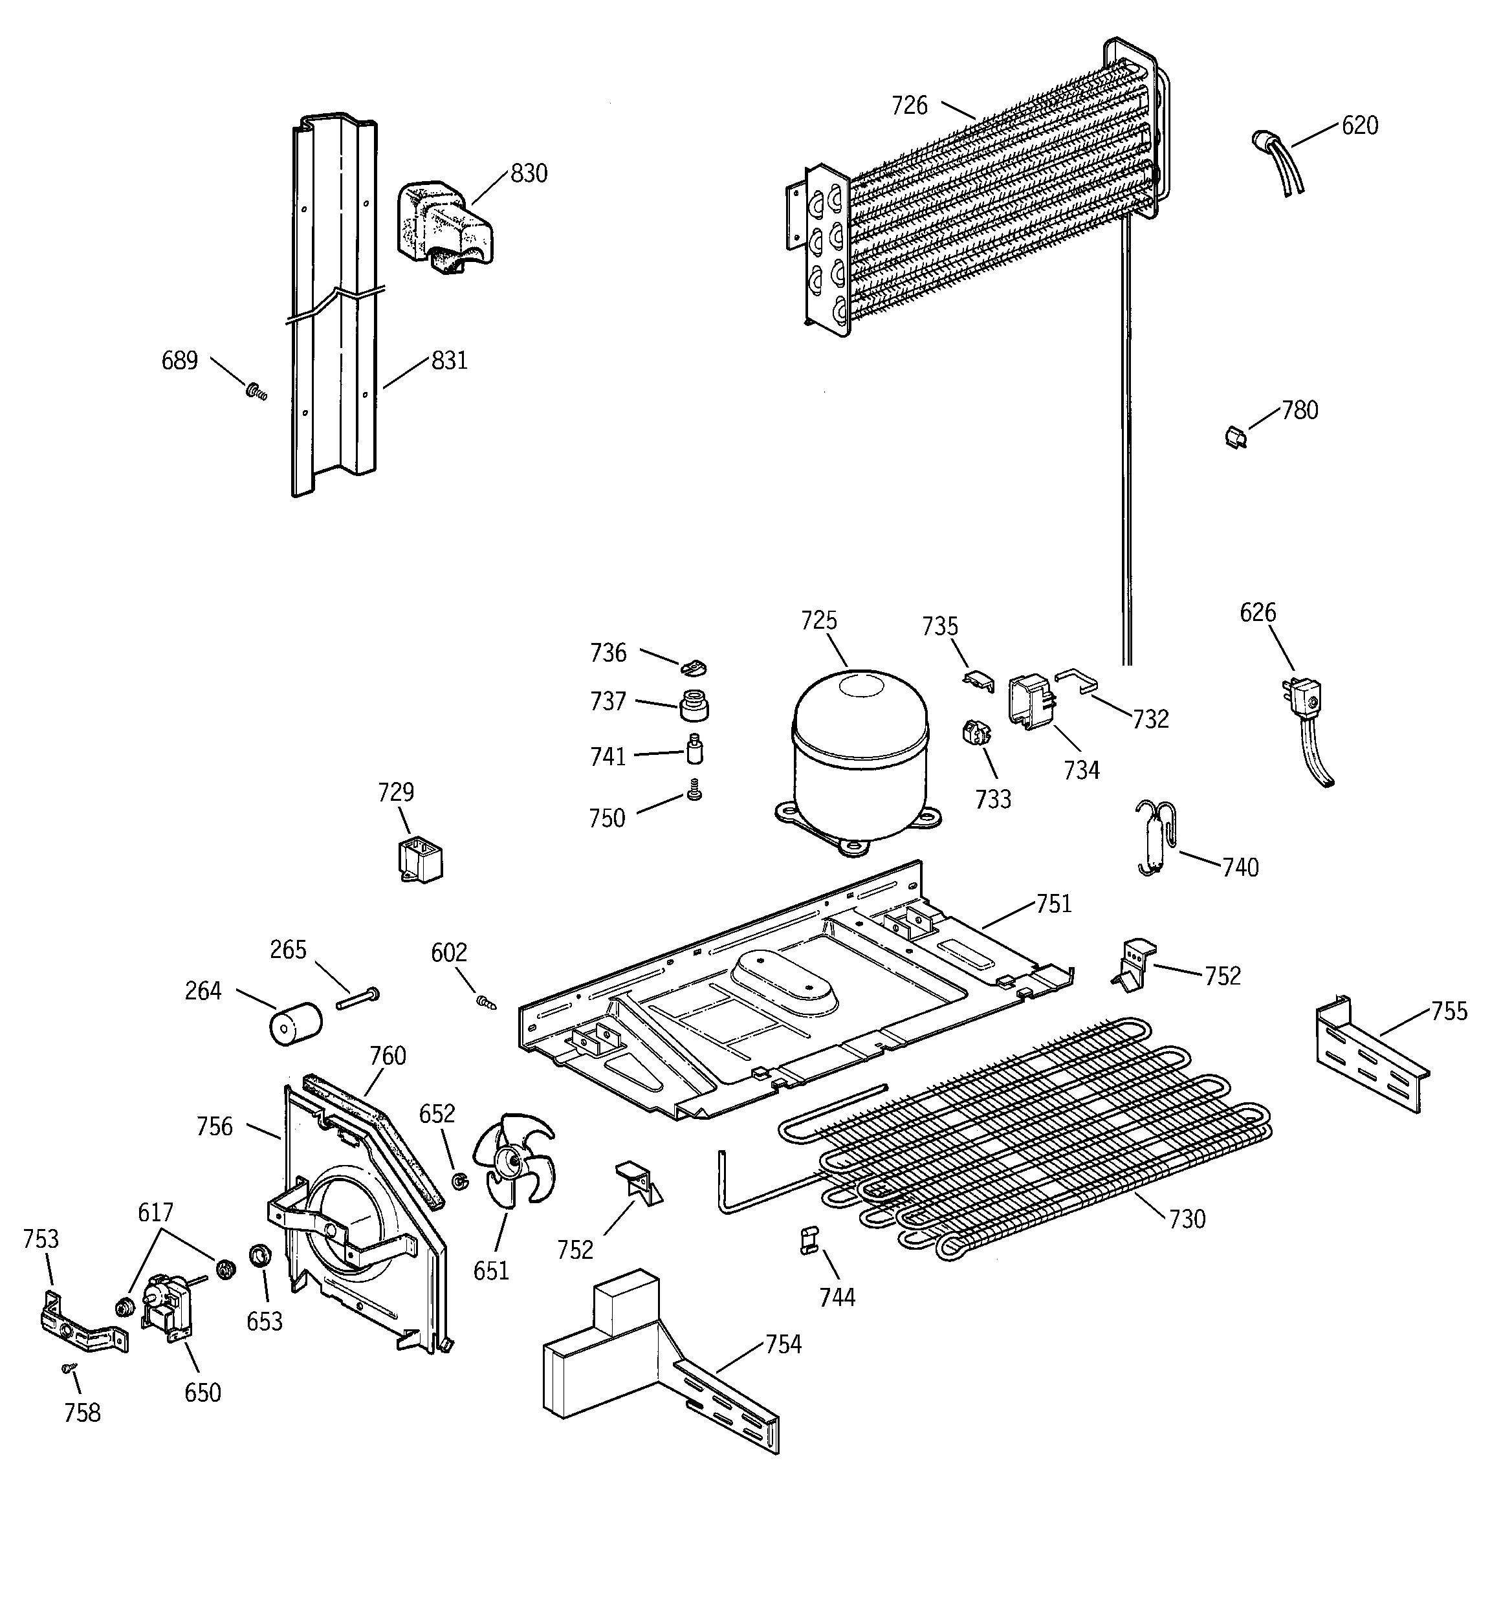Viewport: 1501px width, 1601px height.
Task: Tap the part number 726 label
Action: pos(909,105)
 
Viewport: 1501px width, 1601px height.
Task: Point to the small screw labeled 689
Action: pos(256,392)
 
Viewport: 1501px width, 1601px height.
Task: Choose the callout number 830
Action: pos(529,173)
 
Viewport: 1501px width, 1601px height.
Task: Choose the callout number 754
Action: pos(783,1344)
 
